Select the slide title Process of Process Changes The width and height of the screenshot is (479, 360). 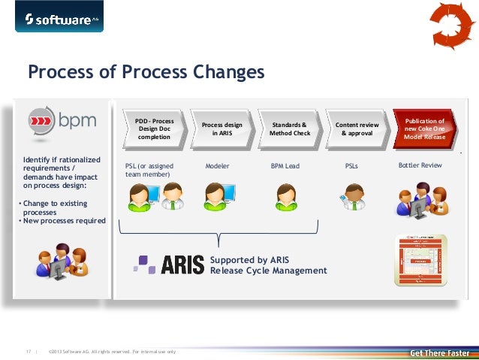[x=146, y=72]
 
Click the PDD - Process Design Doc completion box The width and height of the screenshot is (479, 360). [x=153, y=129]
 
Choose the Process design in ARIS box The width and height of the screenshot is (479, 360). [x=221, y=129]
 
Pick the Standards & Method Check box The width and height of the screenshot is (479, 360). [x=290, y=129]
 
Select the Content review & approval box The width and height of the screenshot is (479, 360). [x=357, y=129]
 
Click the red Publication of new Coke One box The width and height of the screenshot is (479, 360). [x=424, y=129]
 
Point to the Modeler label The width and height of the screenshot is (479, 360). [x=217, y=165]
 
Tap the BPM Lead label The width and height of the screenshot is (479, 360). [x=285, y=165]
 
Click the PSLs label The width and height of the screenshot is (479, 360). [x=351, y=165]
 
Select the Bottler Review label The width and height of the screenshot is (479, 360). [x=420, y=165]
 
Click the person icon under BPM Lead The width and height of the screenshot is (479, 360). [x=286, y=198]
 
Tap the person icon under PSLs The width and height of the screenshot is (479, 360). [x=354, y=198]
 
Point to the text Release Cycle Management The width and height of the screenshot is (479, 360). [x=268, y=271]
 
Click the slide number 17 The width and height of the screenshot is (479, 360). [x=29, y=351]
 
